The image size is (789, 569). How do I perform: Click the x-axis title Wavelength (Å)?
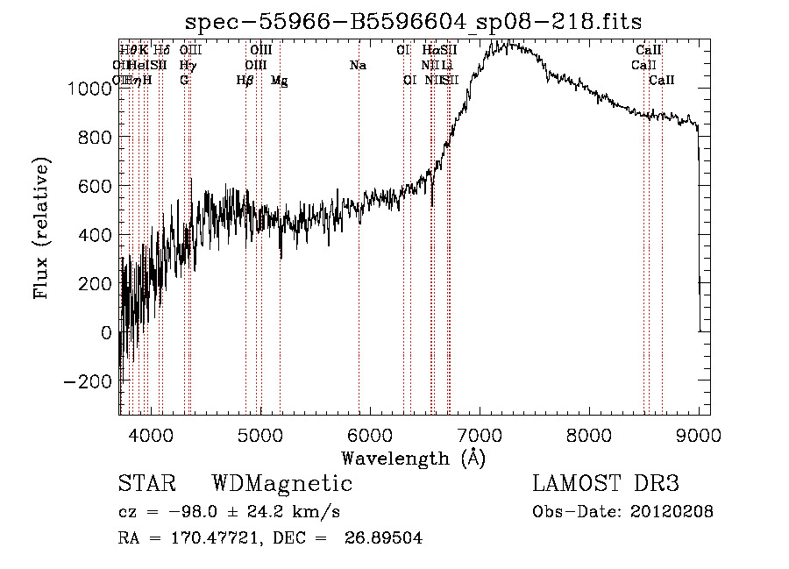point(413,458)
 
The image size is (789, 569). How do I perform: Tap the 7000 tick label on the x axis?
point(480,433)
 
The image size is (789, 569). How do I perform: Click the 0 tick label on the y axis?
point(107,333)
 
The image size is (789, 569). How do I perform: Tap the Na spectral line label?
point(358,66)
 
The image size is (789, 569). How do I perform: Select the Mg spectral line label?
point(279,81)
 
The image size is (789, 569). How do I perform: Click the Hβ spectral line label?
point(245,81)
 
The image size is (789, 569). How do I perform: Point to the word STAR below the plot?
point(146,484)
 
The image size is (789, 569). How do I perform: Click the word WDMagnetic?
point(281,484)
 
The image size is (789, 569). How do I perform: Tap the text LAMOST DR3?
point(605,484)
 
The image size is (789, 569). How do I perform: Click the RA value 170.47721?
point(208,538)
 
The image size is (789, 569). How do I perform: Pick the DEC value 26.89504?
point(385,538)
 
